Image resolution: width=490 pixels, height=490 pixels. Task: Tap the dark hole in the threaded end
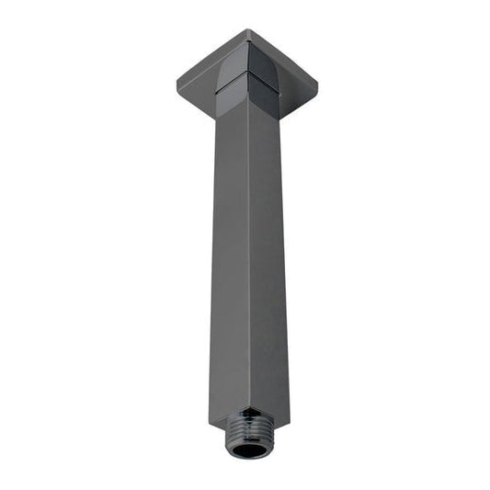pos(247,450)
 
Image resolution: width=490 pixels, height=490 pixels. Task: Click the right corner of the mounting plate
pos(316,86)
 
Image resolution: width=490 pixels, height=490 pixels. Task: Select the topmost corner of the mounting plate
pos(247,30)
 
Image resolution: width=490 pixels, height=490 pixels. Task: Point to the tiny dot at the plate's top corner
pos(248,34)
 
